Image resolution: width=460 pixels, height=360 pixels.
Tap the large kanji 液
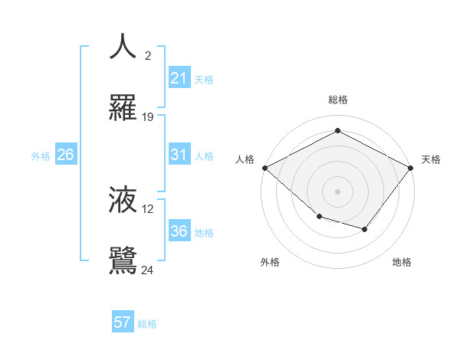[123, 200]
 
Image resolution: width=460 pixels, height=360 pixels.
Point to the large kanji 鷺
[123, 260]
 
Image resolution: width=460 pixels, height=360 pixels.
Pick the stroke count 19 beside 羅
[148, 117]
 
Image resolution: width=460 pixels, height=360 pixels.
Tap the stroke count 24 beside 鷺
[148, 270]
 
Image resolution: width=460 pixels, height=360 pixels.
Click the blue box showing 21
[179, 78]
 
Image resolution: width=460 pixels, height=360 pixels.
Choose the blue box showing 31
[179, 155]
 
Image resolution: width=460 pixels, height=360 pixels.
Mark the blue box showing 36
[179, 231]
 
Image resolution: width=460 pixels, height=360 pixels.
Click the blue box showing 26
[65, 155]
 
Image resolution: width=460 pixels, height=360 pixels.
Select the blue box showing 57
[123, 322]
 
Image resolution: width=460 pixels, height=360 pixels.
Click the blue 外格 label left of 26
[41, 155]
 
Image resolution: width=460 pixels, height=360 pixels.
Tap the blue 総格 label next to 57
[147, 324]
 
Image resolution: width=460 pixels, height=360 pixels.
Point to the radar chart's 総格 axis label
[337, 100]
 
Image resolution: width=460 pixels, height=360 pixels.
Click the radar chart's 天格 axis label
[431, 159]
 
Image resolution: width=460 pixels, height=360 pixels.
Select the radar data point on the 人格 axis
[264, 167]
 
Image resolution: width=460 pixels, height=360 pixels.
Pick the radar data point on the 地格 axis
[365, 229]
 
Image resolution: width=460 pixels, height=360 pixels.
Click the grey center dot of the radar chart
[337, 191]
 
